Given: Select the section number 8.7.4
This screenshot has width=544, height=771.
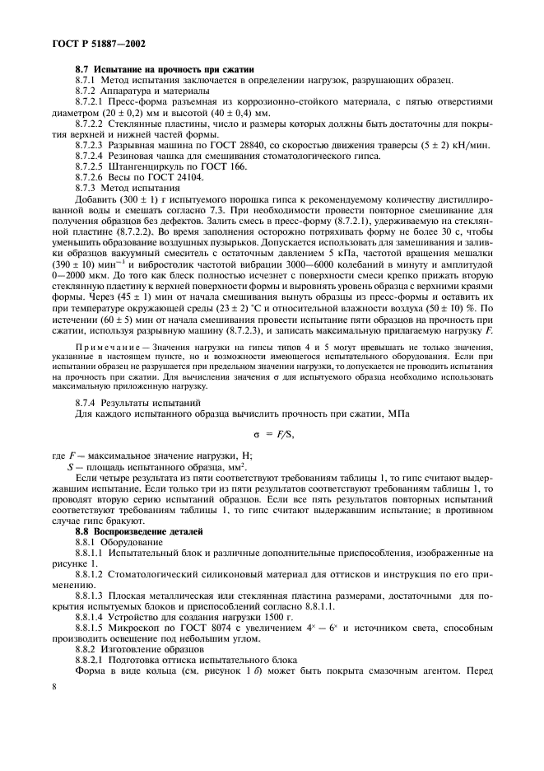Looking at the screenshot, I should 87,402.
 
